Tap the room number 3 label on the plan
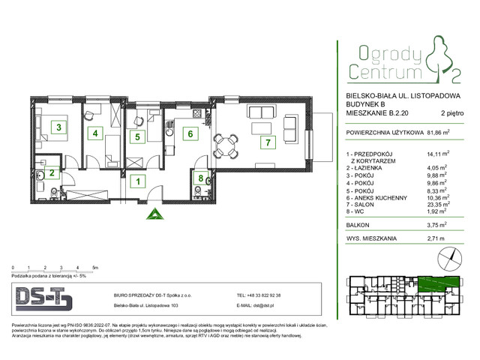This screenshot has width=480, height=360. [58, 127]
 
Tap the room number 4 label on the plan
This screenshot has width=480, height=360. [95, 134]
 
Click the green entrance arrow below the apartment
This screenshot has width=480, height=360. [154, 214]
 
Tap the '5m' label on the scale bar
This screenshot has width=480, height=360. [94, 267]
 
